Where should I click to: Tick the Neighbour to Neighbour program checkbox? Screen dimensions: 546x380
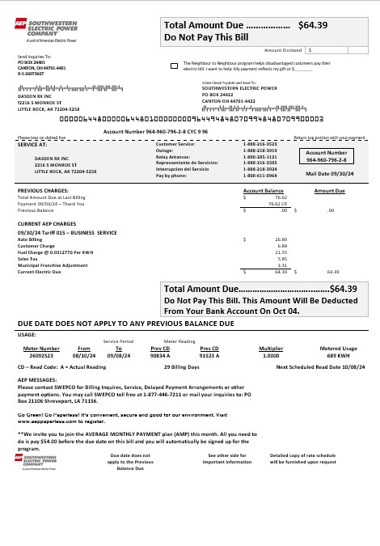point(175,64)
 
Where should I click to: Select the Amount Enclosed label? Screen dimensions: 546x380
point(282,49)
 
